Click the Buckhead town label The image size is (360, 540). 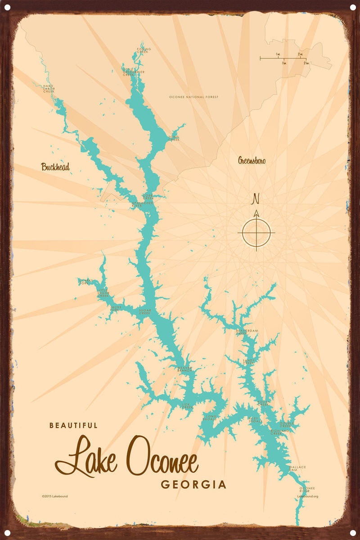pyautogui.click(x=55, y=167)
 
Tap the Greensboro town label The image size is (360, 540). pyautogui.click(x=252, y=161)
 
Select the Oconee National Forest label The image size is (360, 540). pyautogui.click(x=193, y=97)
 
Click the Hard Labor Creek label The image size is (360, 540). pyautogui.click(x=49, y=89)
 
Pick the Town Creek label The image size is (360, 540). pyautogui.click(x=174, y=139)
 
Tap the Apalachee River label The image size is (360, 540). pyautogui.click(x=143, y=204)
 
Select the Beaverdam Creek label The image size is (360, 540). pyautogui.click(x=247, y=332)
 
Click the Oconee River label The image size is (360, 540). pyautogui.click(x=307, y=489)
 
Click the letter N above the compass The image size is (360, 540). pyautogui.click(x=256, y=198)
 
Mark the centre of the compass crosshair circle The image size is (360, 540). pyautogui.click(x=256, y=233)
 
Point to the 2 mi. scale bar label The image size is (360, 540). pyautogui.click(x=300, y=54)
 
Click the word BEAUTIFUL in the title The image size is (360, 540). pyautogui.click(x=73, y=425)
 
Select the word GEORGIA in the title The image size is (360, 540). pyautogui.click(x=193, y=485)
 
